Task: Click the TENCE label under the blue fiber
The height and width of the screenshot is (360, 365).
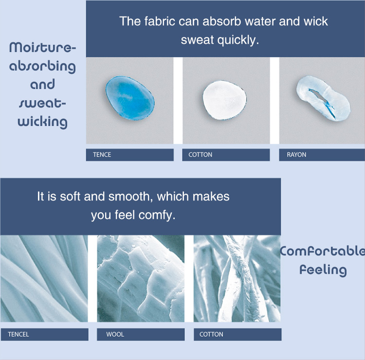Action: pyautogui.click(x=102, y=155)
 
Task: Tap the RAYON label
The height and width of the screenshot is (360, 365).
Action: pyautogui.click(x=296, y=155)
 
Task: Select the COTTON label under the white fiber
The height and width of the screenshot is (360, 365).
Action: pyautogui.click(x=200, y=155)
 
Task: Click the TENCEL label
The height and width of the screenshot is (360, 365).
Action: pyautogui.click(x=18, y=334)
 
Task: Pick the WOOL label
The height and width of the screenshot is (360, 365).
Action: pyautogui.click(x=115, y=334)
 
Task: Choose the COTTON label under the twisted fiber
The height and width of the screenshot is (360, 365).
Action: pyautogui.click(x=211, y=334)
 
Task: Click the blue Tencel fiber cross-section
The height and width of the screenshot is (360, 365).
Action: pyautogui.click(x=130, y=98)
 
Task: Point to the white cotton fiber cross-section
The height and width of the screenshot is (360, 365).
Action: pyautogui.click(x=224, y=100)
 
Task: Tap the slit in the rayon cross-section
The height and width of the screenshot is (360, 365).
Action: pyautogui.click(x=322, y=101)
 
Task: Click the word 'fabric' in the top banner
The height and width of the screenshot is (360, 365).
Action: pyautogui.click(x=160, y=21)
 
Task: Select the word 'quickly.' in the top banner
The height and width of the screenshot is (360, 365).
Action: pyautogui.click(x=238, y=40)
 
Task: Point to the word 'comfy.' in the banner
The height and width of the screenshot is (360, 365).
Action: pyautogui.click(x=157, y=215)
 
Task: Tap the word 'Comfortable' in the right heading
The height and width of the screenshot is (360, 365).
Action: pyautogui.click(x=323, y=251)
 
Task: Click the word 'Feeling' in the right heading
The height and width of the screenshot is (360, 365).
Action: pyautogui.click(x=323, y=270)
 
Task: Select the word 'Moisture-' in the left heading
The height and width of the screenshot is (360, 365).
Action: pyautogui.click(x=43, y=48)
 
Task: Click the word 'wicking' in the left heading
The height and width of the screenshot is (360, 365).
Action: pyautogui.click(x=43, y=122)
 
